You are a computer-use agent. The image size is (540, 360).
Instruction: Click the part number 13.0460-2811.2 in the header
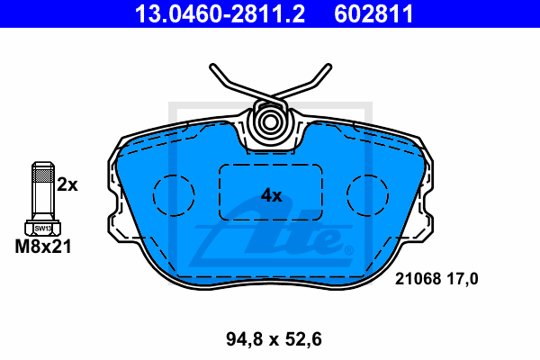pos(220,14)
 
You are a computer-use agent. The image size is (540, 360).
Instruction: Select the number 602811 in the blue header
pos(373,14)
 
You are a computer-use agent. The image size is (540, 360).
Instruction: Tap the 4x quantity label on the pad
pos(272,195)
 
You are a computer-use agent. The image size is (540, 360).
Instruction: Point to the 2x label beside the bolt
pos(67,184)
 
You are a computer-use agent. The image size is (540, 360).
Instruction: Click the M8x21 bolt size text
pos(43,247)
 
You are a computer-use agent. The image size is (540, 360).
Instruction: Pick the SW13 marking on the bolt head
pos(43,229)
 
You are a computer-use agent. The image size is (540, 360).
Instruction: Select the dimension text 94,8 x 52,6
pos(274,339)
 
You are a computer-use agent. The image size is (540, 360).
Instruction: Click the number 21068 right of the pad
pos(418,278)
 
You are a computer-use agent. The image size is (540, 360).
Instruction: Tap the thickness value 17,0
pos(463,279)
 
